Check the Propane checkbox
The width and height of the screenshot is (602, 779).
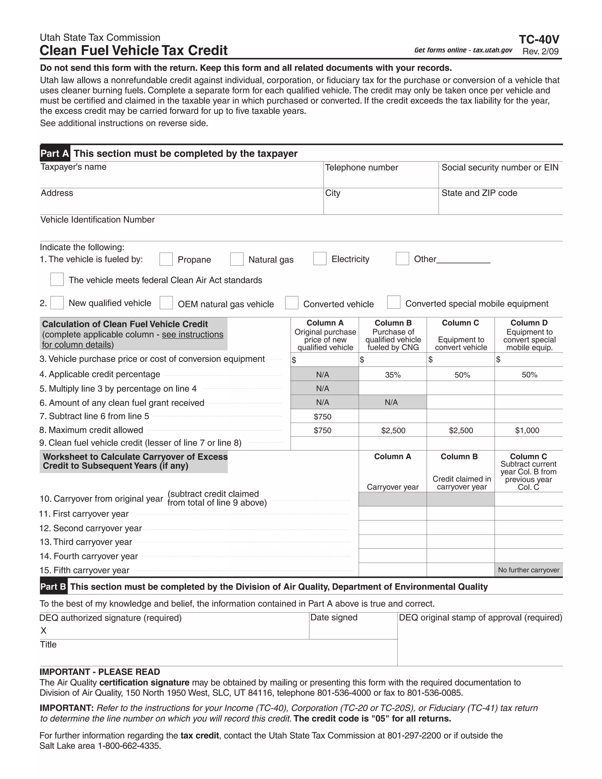166,259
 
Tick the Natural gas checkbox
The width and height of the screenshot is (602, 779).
237,259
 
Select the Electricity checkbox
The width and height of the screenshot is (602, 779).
320,259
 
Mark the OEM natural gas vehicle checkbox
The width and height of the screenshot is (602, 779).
166,303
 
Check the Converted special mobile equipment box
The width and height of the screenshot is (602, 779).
394,302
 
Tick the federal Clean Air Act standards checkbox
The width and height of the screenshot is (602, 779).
57,280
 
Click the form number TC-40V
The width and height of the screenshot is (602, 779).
539,39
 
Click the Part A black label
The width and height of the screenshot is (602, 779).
55,153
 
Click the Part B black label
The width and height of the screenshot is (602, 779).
53,587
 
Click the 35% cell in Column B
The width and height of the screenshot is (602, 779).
393,375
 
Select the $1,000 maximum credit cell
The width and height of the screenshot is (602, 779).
527,431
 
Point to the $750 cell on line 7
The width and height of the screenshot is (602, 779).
322,417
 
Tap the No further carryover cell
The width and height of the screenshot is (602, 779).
529,570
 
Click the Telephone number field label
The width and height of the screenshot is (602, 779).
361,168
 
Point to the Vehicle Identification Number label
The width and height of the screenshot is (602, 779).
97,220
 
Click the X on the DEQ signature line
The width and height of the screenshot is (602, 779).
44,631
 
